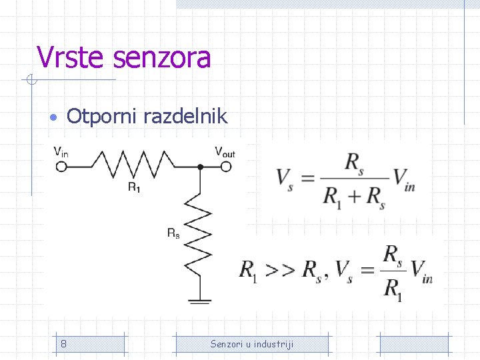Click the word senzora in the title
162,57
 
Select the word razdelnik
187,117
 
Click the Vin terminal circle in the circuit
61,167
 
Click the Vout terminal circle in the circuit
227,167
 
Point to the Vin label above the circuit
61,152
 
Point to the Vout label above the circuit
225,152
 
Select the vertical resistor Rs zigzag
199,233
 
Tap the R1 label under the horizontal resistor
134,187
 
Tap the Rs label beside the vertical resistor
173,233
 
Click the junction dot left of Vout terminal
199,167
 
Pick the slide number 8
63,344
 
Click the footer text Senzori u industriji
251,344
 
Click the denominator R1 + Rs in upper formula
354,196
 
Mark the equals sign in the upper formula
307,178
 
